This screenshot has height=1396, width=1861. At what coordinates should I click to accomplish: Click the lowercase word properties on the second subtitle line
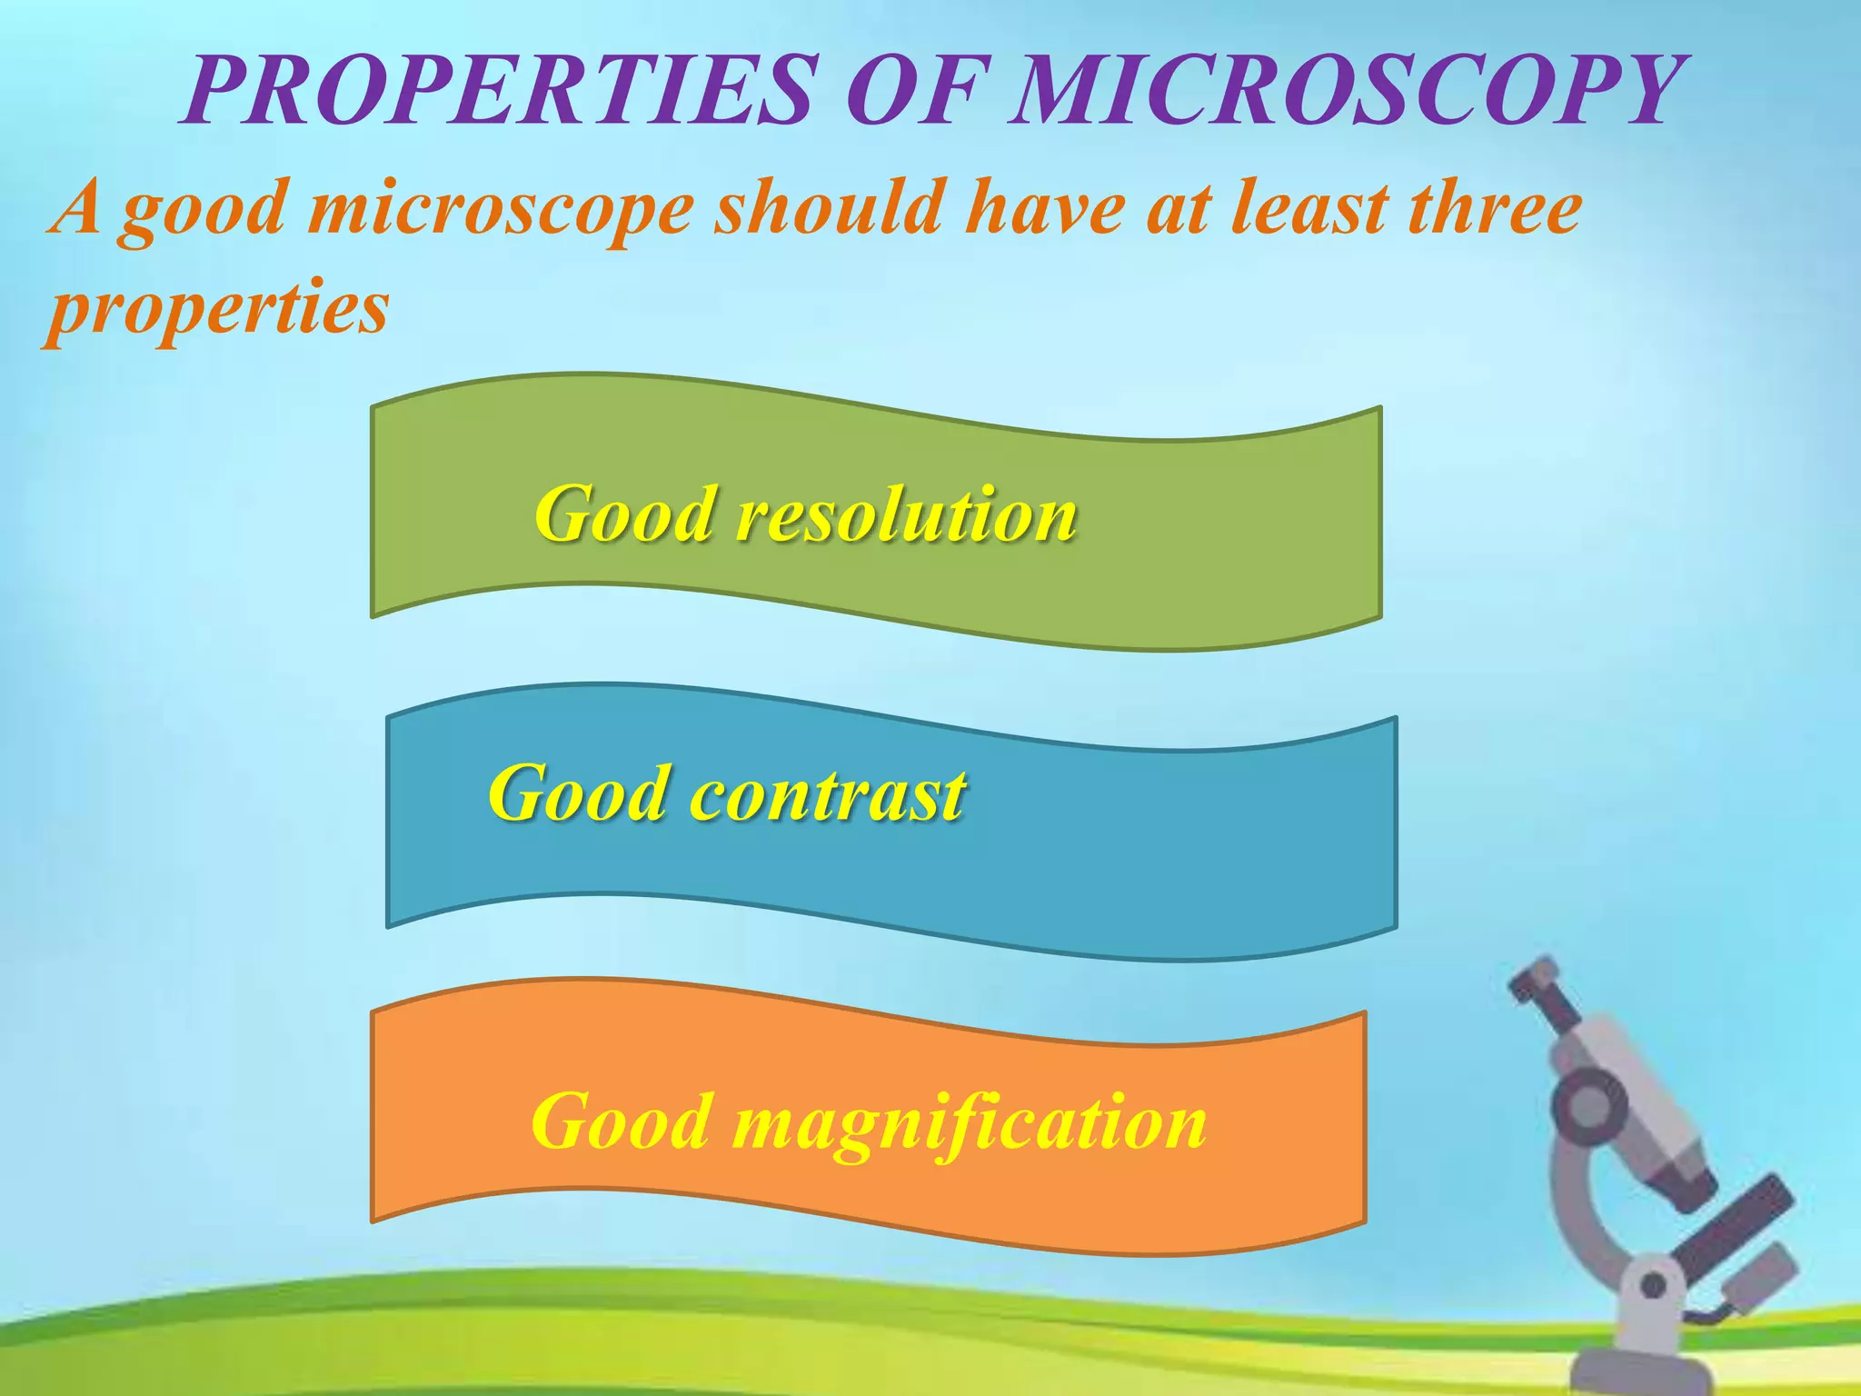(218, 309)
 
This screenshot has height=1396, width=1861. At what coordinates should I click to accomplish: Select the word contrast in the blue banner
(827, 794)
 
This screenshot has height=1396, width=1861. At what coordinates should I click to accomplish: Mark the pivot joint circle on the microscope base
(1654, 1286)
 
